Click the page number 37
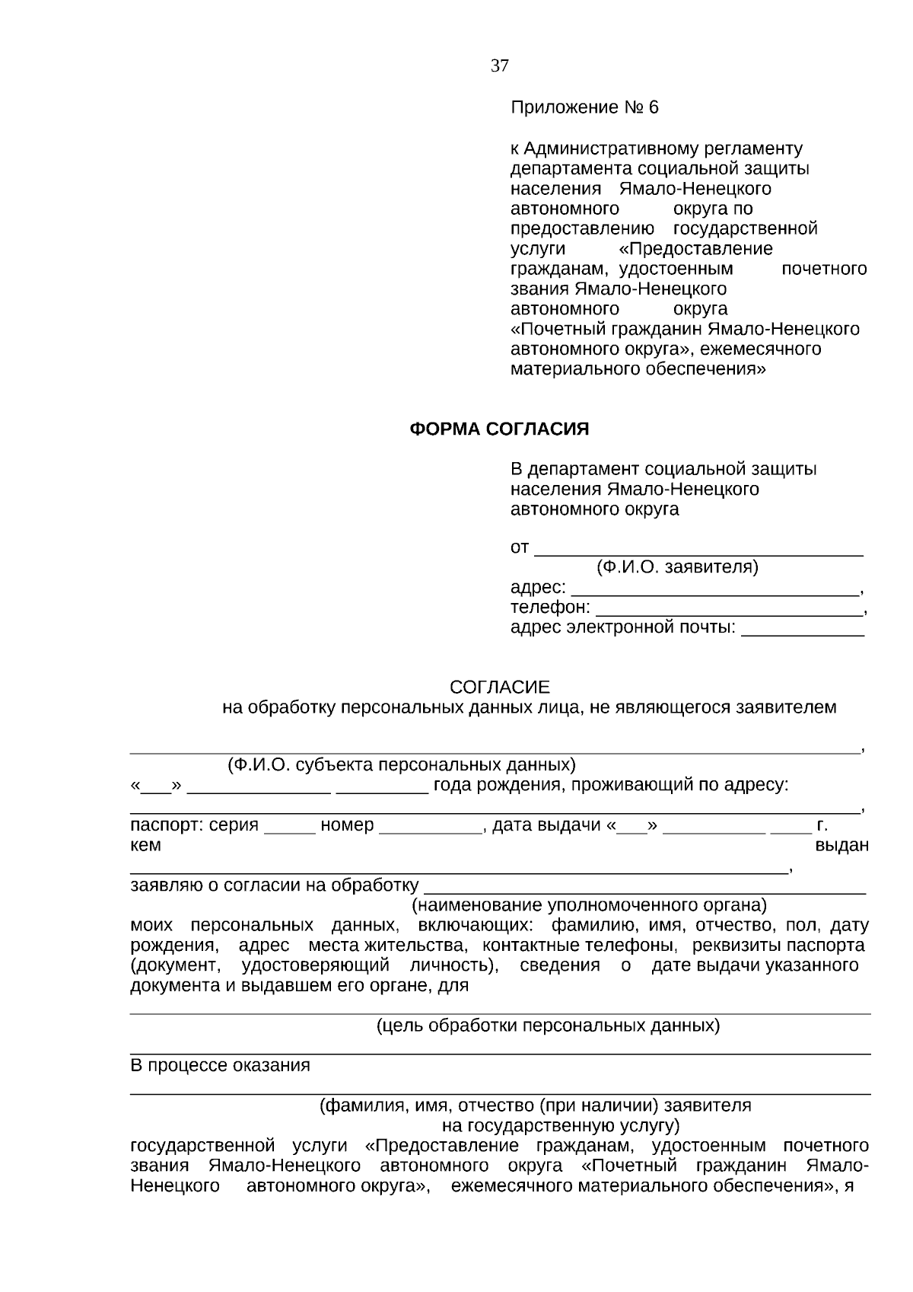499,66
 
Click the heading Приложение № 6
584,107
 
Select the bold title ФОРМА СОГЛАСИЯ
499,429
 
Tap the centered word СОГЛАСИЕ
499,687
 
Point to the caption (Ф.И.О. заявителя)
677,567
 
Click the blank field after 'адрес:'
714,591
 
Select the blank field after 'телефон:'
728,611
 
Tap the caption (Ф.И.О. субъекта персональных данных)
401,764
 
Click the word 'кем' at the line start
145,845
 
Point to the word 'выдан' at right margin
841,845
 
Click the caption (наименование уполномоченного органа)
589,905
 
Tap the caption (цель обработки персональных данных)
548,1026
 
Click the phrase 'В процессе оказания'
220,1065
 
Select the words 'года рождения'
495,785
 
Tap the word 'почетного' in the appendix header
824,269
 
